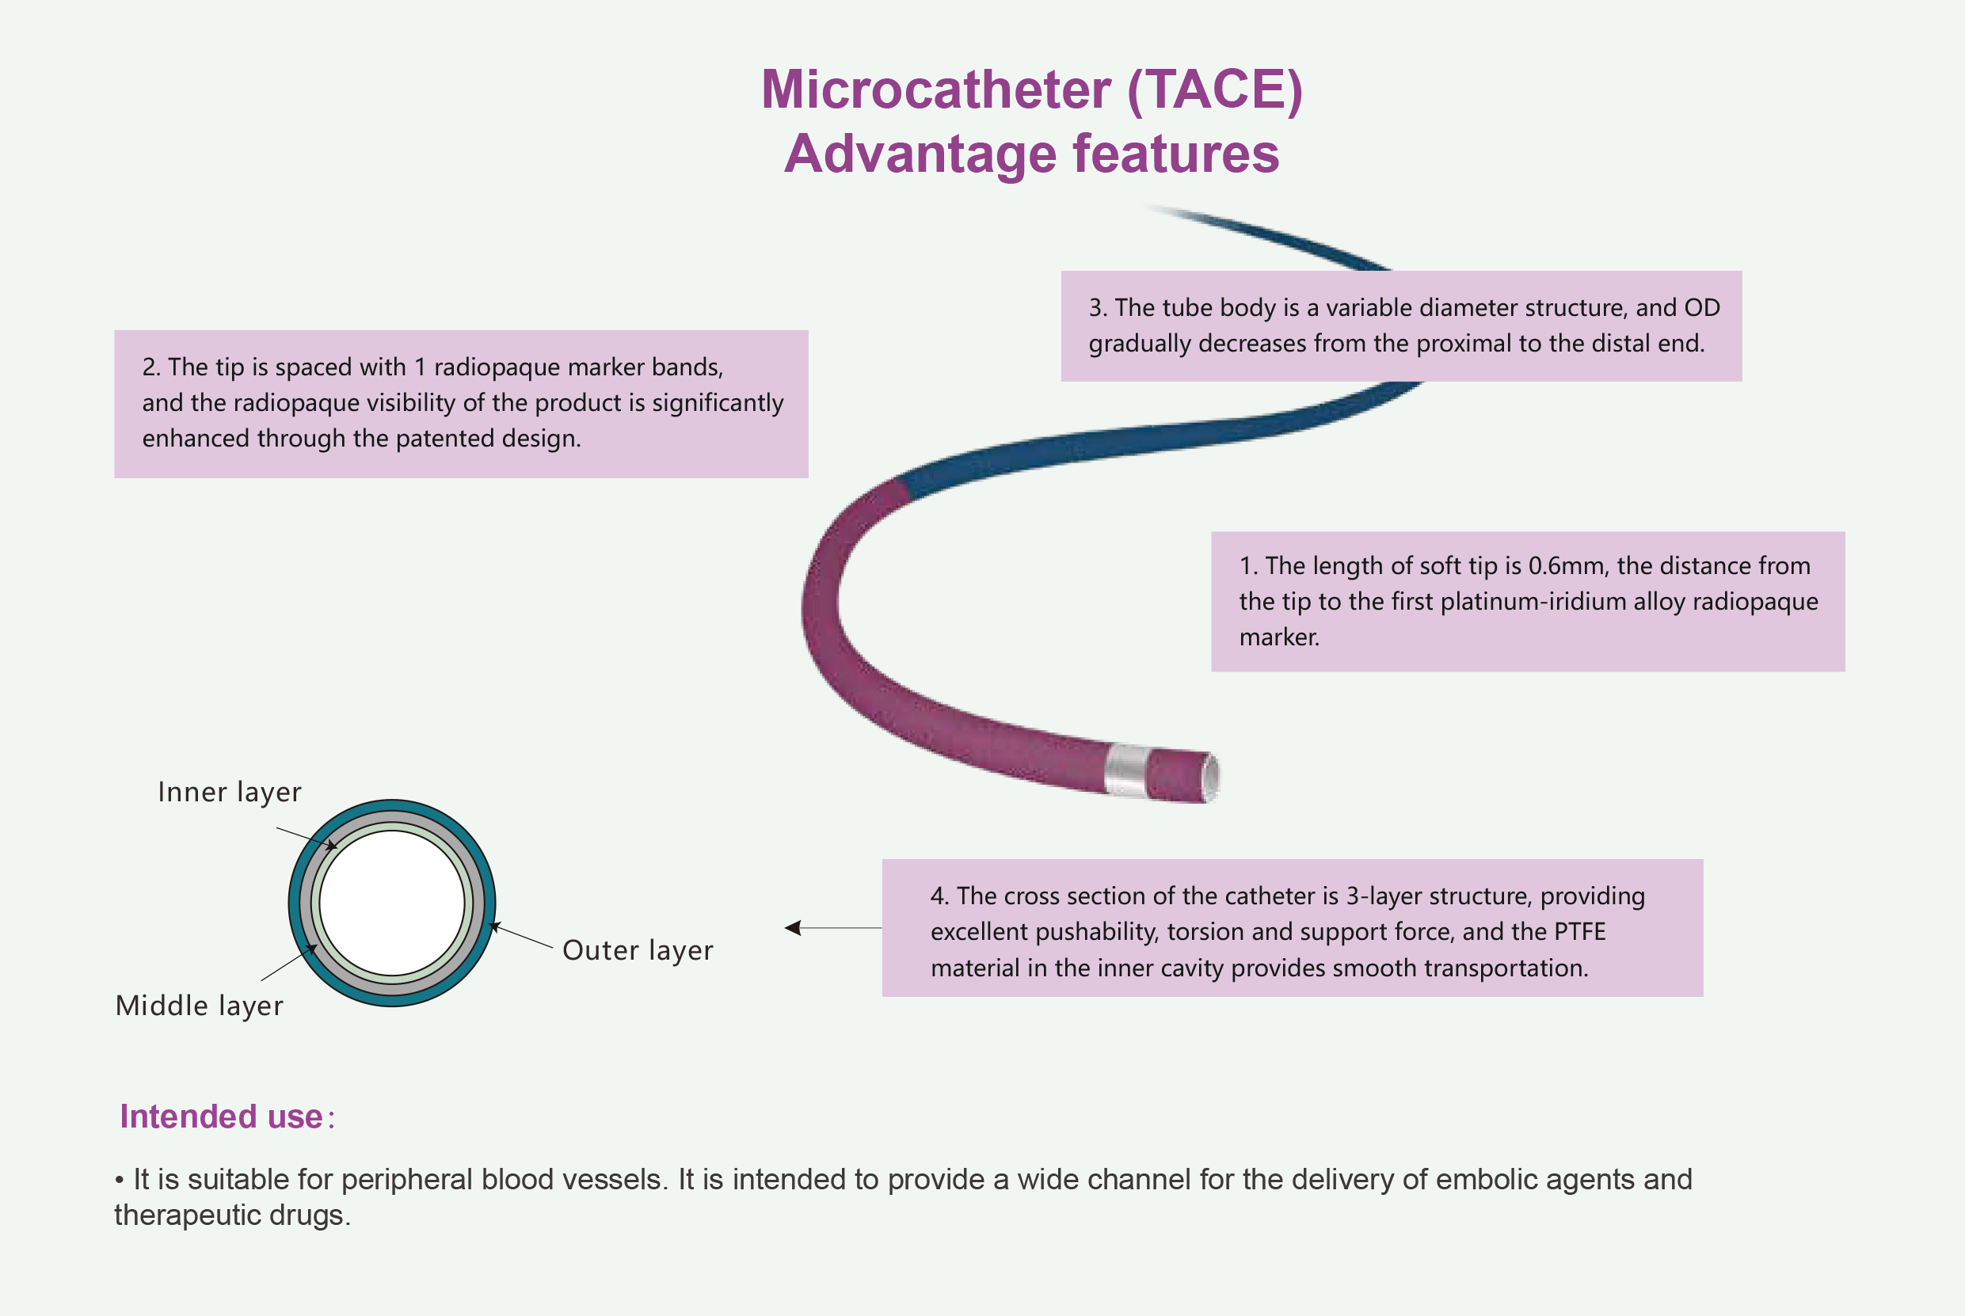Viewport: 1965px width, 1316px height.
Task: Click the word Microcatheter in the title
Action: coord(936,89)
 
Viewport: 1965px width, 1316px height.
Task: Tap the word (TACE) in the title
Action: coord(1215,89)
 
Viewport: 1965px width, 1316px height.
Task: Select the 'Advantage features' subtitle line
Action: coord(1031,154)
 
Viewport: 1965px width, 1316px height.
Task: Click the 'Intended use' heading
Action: coord(222,1117)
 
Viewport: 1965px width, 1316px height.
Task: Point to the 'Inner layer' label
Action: coord(229,793)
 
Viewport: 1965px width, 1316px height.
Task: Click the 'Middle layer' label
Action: coord(199,1006)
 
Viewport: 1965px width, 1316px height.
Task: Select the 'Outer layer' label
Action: coord(638,950)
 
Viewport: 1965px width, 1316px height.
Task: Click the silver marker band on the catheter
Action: coord(1125,770)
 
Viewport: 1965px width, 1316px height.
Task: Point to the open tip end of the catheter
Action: coord(1211,778)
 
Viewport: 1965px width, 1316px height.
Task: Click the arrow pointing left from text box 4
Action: coord(794,927)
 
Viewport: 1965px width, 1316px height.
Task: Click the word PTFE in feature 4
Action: coord(1580,932)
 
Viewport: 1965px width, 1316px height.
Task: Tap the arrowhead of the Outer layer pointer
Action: coord(494,926)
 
